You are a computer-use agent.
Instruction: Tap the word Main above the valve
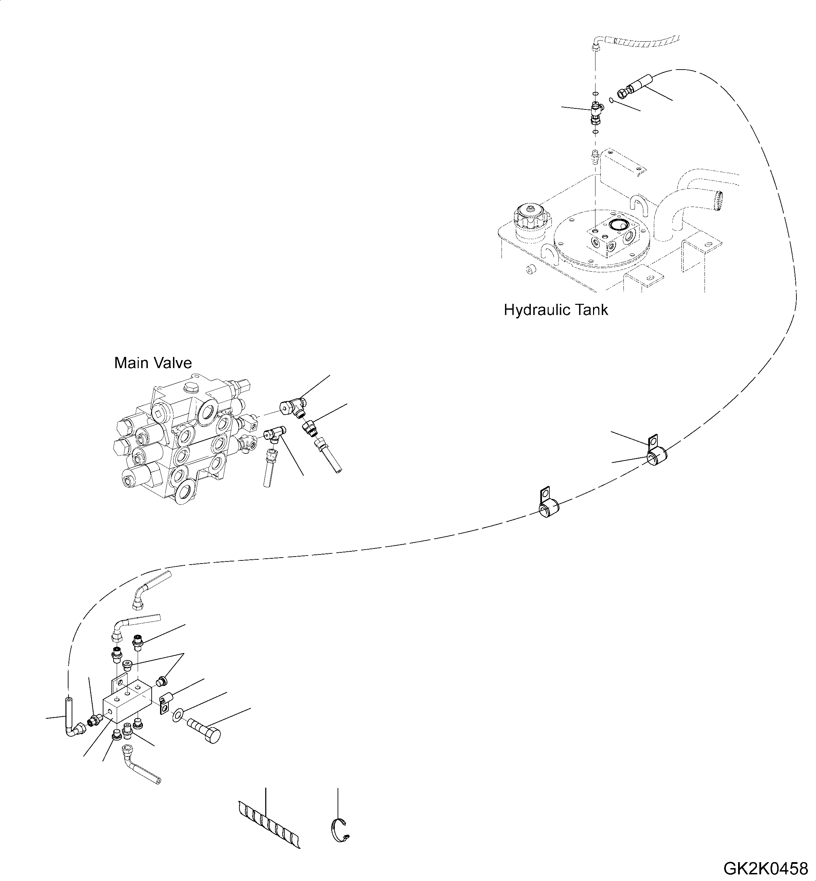(x=128, y=363)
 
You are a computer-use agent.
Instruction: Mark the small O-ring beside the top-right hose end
(x=611, y=100)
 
